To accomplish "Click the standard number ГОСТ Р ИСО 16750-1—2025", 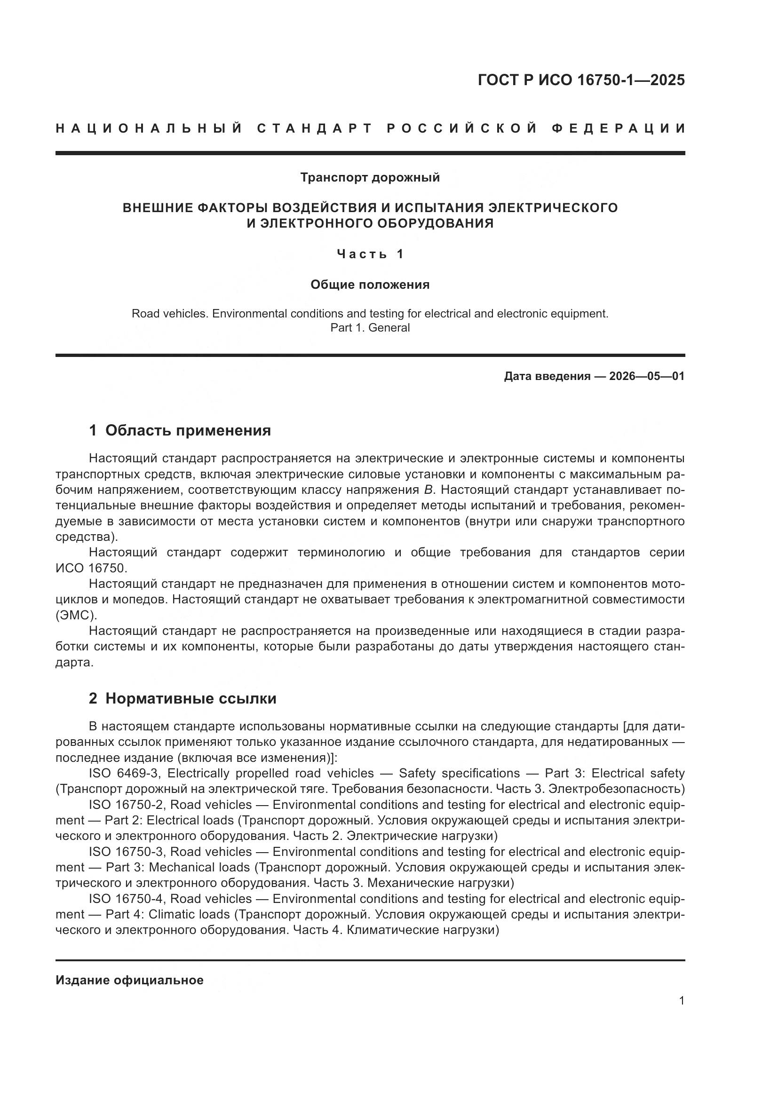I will click(x=580, y=80).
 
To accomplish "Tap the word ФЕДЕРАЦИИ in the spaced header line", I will click(x=618, y=128).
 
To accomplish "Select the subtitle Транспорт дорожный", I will click(x=370, y=178).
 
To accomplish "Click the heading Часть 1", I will click(x=370, y=254).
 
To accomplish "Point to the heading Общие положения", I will click(x=370, y=285).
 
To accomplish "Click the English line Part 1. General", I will click(x=370, y=328).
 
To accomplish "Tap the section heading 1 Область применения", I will click(x=180, y=430).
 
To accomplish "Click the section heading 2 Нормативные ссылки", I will click(x=183, y=698).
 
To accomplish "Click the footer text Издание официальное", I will click(x=129, y=980).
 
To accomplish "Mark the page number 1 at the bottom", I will click(x=681, y=1000).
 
